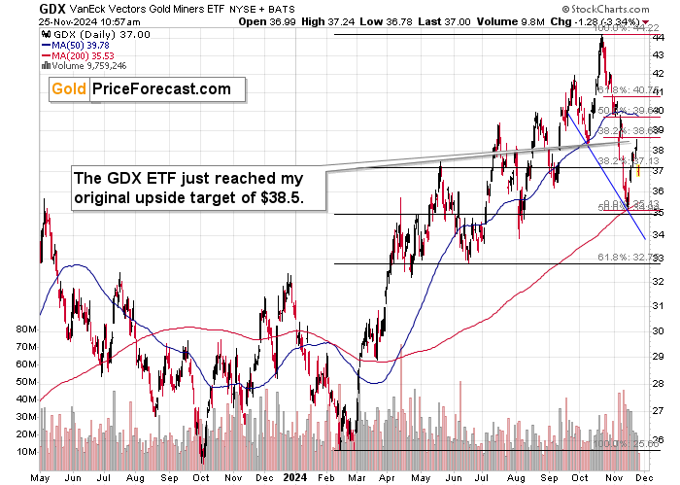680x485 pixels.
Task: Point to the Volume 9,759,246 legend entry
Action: (x=88, y=67)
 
